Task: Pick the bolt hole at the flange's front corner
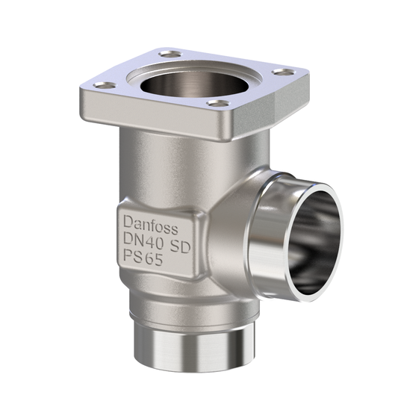click(217, 103)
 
